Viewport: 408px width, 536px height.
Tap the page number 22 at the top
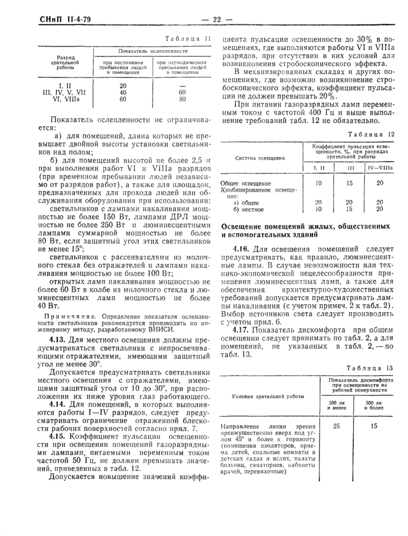point(216,19)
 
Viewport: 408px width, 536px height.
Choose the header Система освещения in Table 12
point(261,157)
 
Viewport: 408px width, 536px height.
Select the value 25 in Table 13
point(336,426)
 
